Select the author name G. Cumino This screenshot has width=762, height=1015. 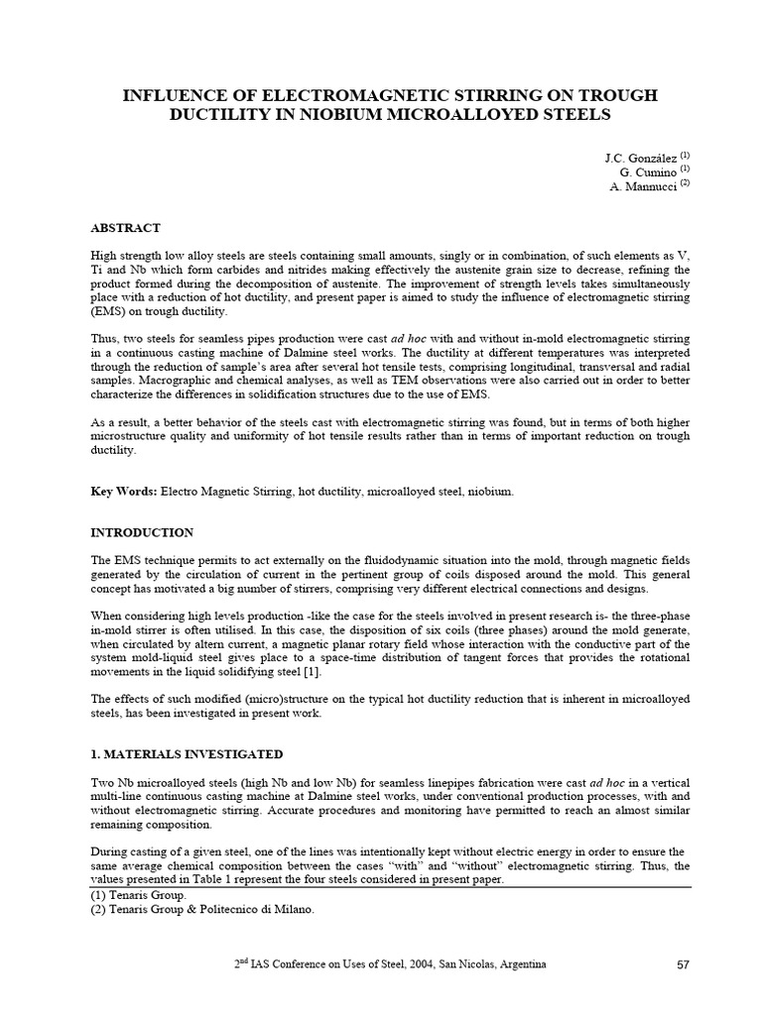pyautogui.click(x=646, y=172)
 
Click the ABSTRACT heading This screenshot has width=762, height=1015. pyautogui.click(x=125, y=227)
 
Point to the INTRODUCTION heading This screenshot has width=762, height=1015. pyautogui.click(x=142, y=532)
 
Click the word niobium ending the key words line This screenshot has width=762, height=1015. pyautogui.click(x=492, y=492)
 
